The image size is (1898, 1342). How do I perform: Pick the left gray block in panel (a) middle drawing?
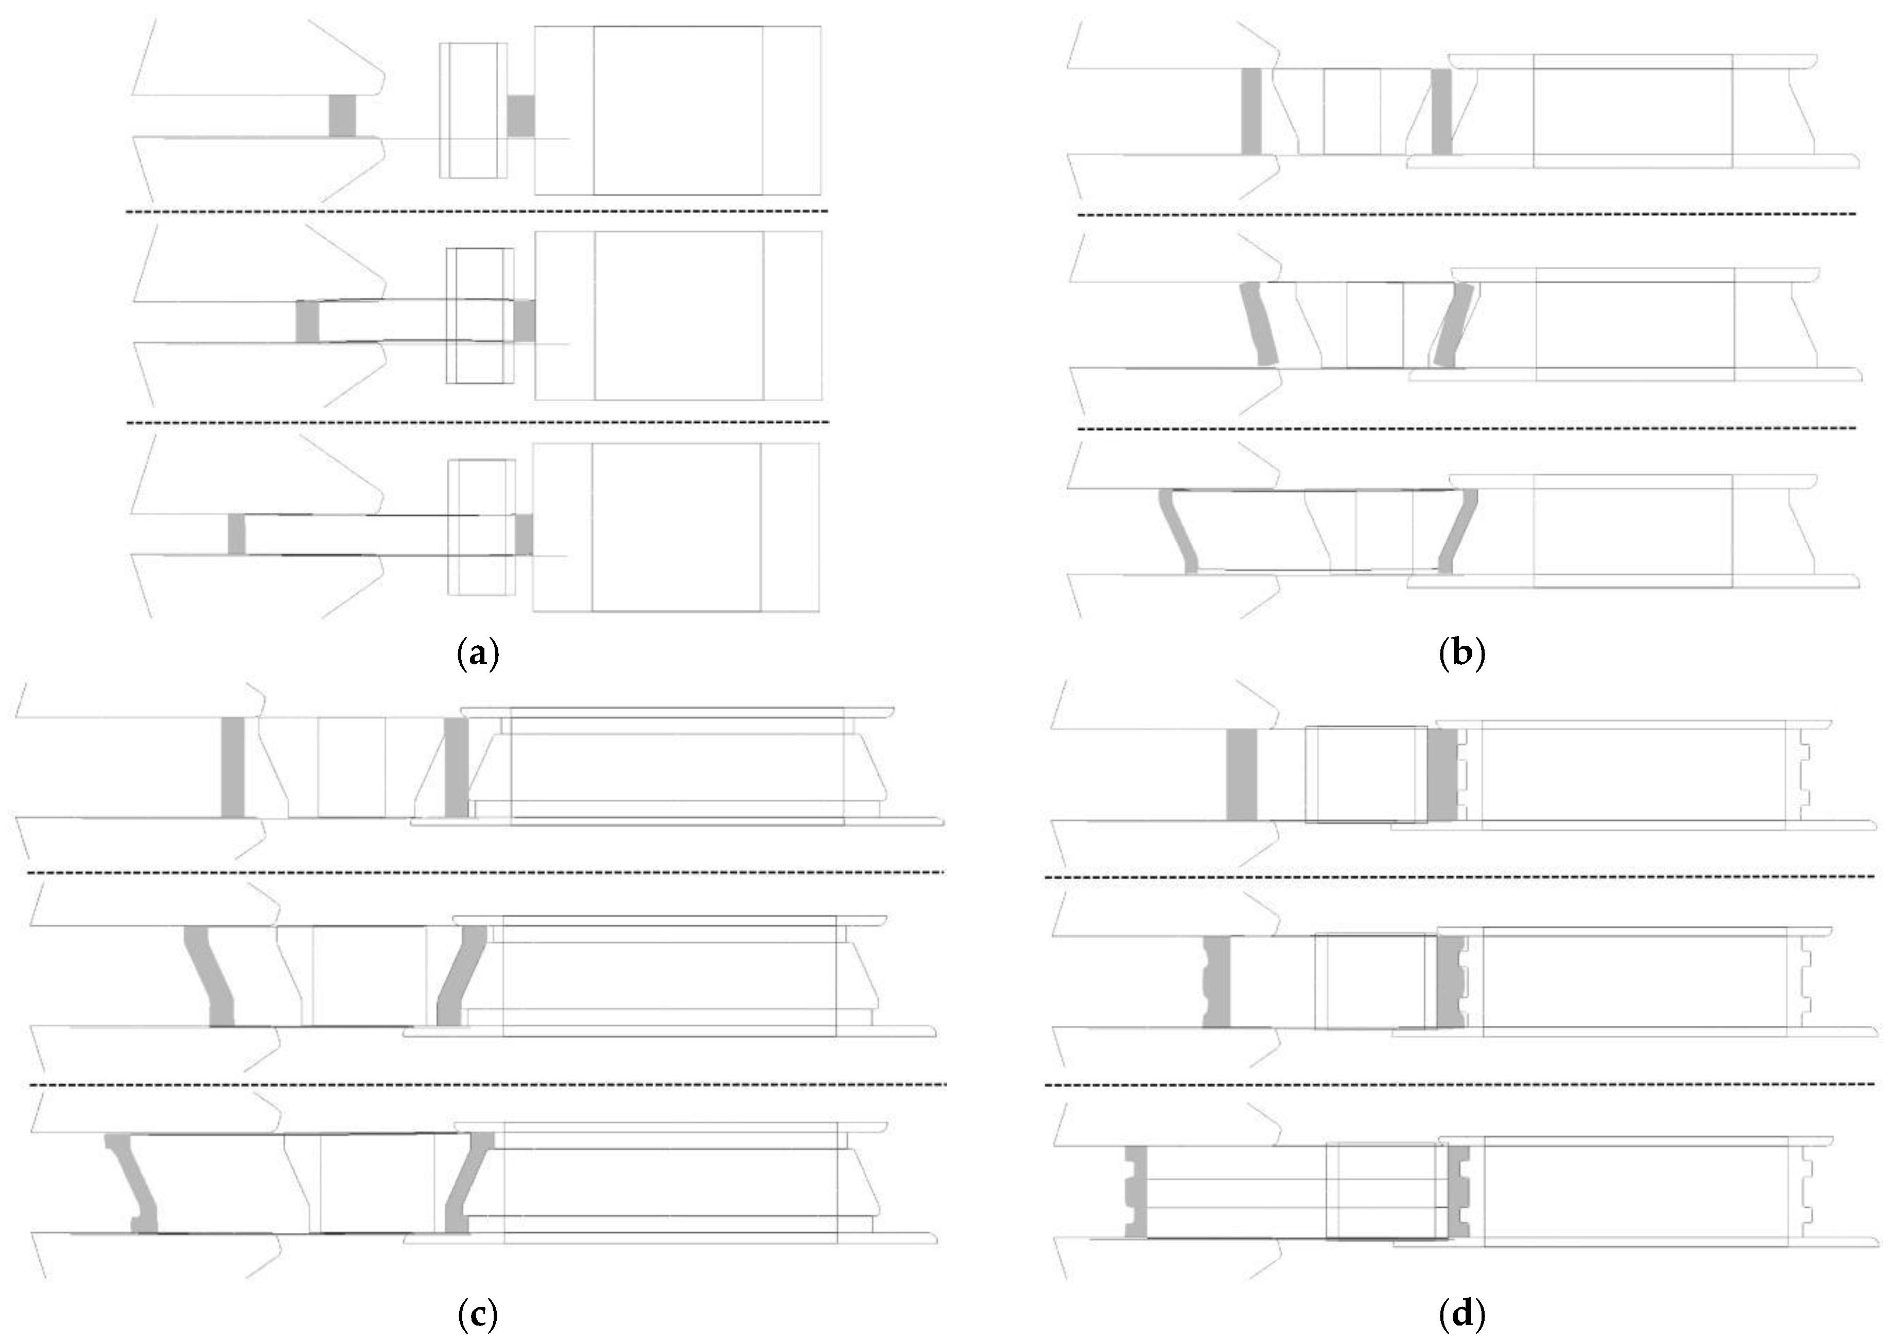pyautogui.click(x=307, y=322)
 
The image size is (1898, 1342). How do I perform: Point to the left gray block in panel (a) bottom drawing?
pyautogui.click(x=237, y=534)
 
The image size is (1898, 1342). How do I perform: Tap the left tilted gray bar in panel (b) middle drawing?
pyautogui.click(x=1258, y=324)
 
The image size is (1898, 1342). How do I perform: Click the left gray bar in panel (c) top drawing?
pyautogui.click(x=234, y=767)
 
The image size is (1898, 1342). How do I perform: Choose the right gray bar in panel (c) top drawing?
pyautogui.click(x=456, y=767)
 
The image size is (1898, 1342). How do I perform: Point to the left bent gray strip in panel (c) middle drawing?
pyautogui.click(x=211, y=976)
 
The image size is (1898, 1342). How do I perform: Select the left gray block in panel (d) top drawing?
pyautogui.click(x=1242, y=775)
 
